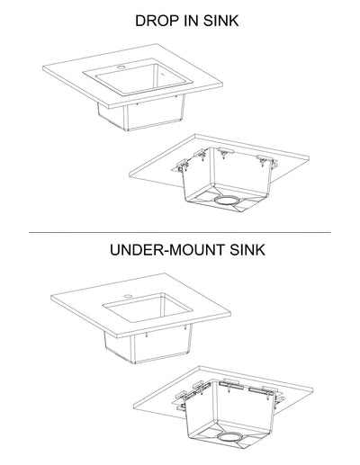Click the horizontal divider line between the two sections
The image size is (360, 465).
[x=180, y=233]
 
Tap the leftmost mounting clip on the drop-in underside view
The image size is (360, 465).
[x=184, y=165]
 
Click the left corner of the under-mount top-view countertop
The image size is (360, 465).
[x=50, y=300]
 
